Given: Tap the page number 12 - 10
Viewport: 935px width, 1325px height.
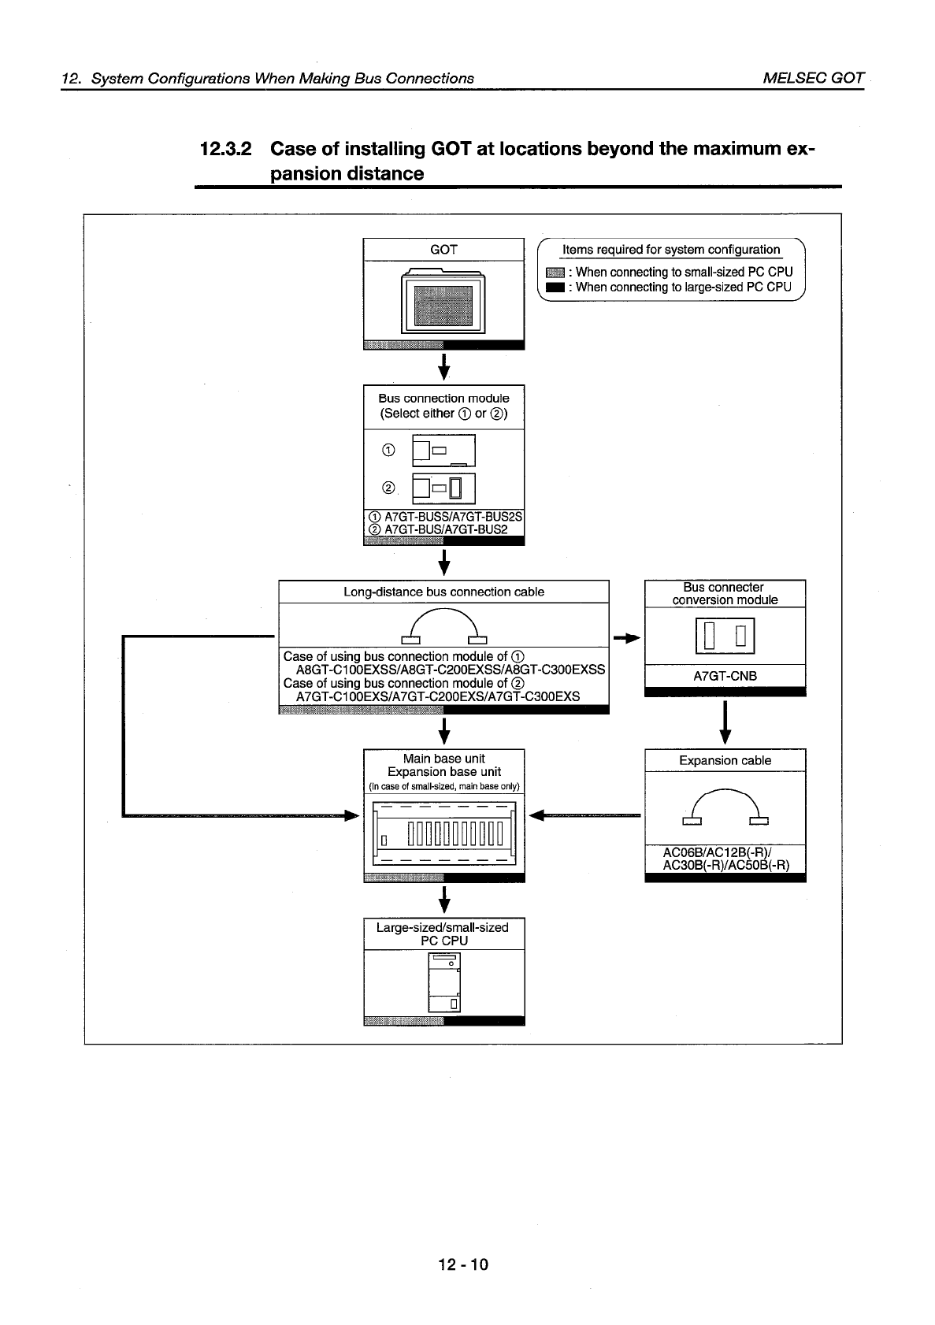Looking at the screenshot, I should [x=464, y=1264].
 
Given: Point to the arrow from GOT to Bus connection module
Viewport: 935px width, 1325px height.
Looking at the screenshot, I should [x=444, y=366].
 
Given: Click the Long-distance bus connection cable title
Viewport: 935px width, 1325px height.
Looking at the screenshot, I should [x=443, y=592].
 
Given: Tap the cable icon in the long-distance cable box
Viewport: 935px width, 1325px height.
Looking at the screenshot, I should [x=444, y=627].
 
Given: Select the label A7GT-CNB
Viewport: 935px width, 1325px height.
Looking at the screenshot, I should [x=725, y=676].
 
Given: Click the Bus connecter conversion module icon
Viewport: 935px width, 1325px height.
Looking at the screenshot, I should [x=725, y=637].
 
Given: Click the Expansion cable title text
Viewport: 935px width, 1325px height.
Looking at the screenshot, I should [x=725, y=760].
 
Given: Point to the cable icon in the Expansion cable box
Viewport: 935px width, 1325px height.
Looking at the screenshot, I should [x=725, y=808].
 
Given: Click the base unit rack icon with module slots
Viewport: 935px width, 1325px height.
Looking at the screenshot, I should [x=443, y=833].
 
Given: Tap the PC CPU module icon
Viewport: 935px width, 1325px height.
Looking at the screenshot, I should [x=443, y=982].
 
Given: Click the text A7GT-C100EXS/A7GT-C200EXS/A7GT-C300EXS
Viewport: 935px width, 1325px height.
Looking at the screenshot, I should [x=437, y=696].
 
